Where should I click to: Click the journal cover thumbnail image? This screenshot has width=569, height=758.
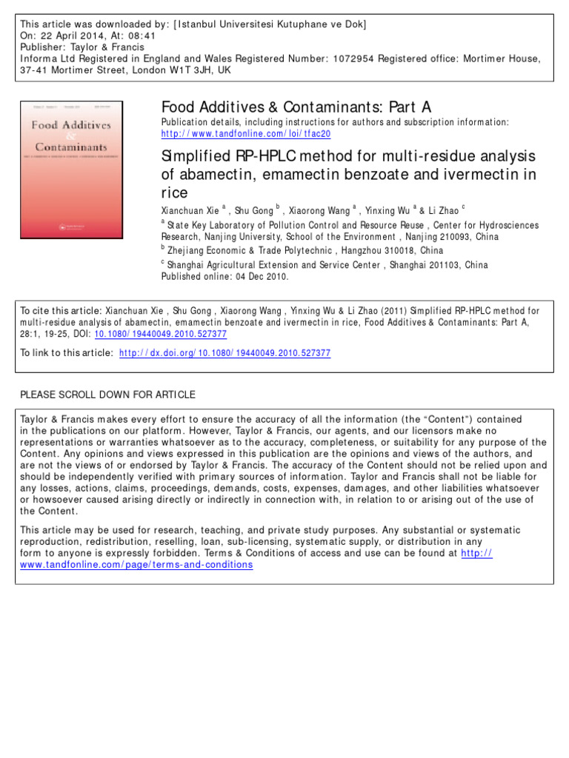[x=71, y=170]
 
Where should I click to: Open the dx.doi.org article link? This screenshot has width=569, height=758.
[x=225, y=353]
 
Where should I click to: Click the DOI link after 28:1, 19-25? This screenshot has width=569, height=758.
[x=161, y=334]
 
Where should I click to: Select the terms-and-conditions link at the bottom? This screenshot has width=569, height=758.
[x=136, y=564]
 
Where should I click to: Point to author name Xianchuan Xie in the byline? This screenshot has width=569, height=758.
[x=190, y=210]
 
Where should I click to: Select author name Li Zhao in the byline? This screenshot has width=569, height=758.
[x=443, y=210]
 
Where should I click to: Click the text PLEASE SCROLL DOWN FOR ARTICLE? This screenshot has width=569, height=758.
[x=107, y=395]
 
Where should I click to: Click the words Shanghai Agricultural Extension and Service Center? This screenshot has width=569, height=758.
[x=288, y=264]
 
